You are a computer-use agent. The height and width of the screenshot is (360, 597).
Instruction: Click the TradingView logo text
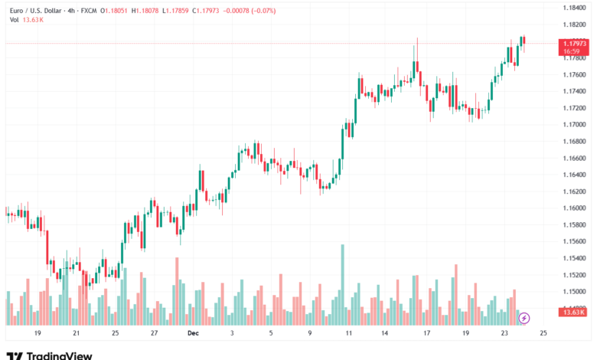59,355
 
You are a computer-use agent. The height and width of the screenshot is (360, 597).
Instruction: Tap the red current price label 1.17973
574,44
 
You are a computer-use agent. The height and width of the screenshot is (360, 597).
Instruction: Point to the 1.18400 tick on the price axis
573,8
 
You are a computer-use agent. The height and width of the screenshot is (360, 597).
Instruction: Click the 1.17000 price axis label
573,124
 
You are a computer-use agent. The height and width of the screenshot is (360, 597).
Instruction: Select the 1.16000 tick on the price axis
573,208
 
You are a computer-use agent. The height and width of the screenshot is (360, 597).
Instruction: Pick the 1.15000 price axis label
573,292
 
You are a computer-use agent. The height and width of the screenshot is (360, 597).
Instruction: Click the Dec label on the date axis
192,334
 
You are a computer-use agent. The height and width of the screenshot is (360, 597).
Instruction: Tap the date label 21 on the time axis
77,334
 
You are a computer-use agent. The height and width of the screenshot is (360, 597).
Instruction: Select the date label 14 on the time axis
387,334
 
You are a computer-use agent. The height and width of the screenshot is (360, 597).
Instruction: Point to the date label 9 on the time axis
309,334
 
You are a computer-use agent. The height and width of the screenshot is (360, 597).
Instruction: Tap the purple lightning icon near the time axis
524,317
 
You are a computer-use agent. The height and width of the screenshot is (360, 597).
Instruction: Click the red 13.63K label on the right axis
573,312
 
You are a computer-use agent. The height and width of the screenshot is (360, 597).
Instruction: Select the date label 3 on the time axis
232,334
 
